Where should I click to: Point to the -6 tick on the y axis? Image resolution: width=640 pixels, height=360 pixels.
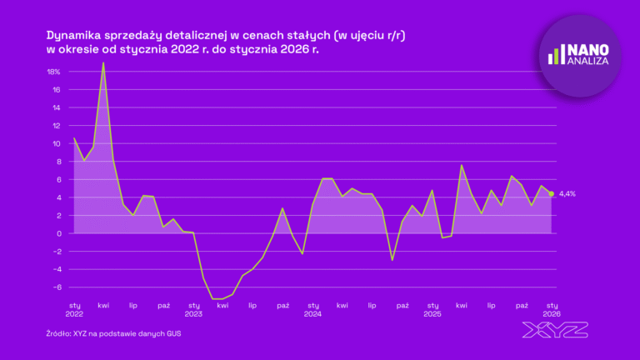56,287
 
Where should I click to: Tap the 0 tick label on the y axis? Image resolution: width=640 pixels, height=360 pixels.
57,233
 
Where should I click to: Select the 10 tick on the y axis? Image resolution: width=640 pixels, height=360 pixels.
56,143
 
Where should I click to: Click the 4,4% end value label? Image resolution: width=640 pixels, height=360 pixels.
567,193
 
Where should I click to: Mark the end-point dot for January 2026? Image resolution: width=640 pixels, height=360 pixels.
552,193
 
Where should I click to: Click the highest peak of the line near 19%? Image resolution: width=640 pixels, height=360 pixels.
103,62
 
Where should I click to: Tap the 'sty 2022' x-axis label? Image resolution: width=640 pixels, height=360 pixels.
74,309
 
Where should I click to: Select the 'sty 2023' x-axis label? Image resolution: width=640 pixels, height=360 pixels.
193,309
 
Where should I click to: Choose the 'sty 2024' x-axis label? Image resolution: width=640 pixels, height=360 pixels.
312,309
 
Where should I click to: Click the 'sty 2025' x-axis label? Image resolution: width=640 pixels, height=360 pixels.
432,309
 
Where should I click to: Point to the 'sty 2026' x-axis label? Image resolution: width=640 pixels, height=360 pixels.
551,309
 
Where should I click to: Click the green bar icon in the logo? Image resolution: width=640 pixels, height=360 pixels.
554,55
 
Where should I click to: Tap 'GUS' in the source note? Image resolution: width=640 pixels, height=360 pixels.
172,333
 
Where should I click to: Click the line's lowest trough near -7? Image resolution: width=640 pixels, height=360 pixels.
217,298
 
